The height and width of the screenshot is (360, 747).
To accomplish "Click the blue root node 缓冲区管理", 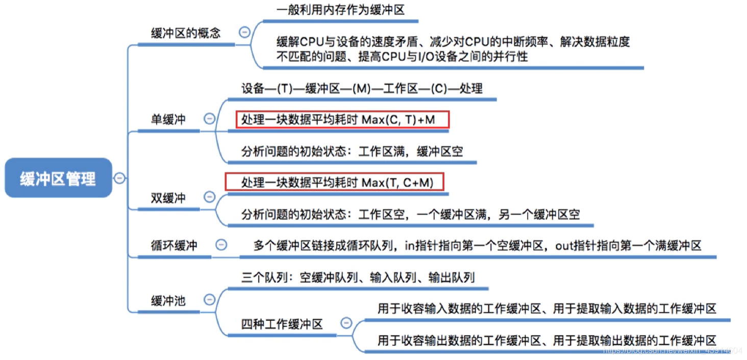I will [x=58, y=178].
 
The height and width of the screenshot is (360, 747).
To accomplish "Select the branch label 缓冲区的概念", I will [x=186, y=33].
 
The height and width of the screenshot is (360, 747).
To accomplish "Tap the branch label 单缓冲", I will [x=168, y=119].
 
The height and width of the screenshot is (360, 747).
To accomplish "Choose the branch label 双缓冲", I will [x=168, y=197].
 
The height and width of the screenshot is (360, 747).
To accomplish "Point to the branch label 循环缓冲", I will [x=174, y=245].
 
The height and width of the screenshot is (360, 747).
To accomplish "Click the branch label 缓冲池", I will [x=168, y=300].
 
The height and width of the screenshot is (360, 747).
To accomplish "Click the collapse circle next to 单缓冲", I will [x=209, y=119].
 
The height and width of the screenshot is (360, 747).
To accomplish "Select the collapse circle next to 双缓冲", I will [x=209, y=197].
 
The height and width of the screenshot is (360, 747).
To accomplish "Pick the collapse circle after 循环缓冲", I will [x=221, y=245].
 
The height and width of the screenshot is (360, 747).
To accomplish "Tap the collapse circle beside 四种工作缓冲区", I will [x=346, y=323].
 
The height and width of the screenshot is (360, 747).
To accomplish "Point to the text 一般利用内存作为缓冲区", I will [x=340, y=10].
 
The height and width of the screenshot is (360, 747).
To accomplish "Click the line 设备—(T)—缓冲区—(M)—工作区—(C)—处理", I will [x=362, y=88].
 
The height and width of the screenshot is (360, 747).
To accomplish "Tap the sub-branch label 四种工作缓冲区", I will [x=282, y=324].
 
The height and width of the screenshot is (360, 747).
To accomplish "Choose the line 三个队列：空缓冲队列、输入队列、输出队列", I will [x=358, y=277].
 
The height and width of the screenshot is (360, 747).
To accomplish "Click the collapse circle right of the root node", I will [x=119, y=178].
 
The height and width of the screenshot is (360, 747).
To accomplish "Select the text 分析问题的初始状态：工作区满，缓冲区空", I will [x=352, y=151].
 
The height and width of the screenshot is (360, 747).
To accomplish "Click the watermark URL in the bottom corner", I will [x=672, y=350].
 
